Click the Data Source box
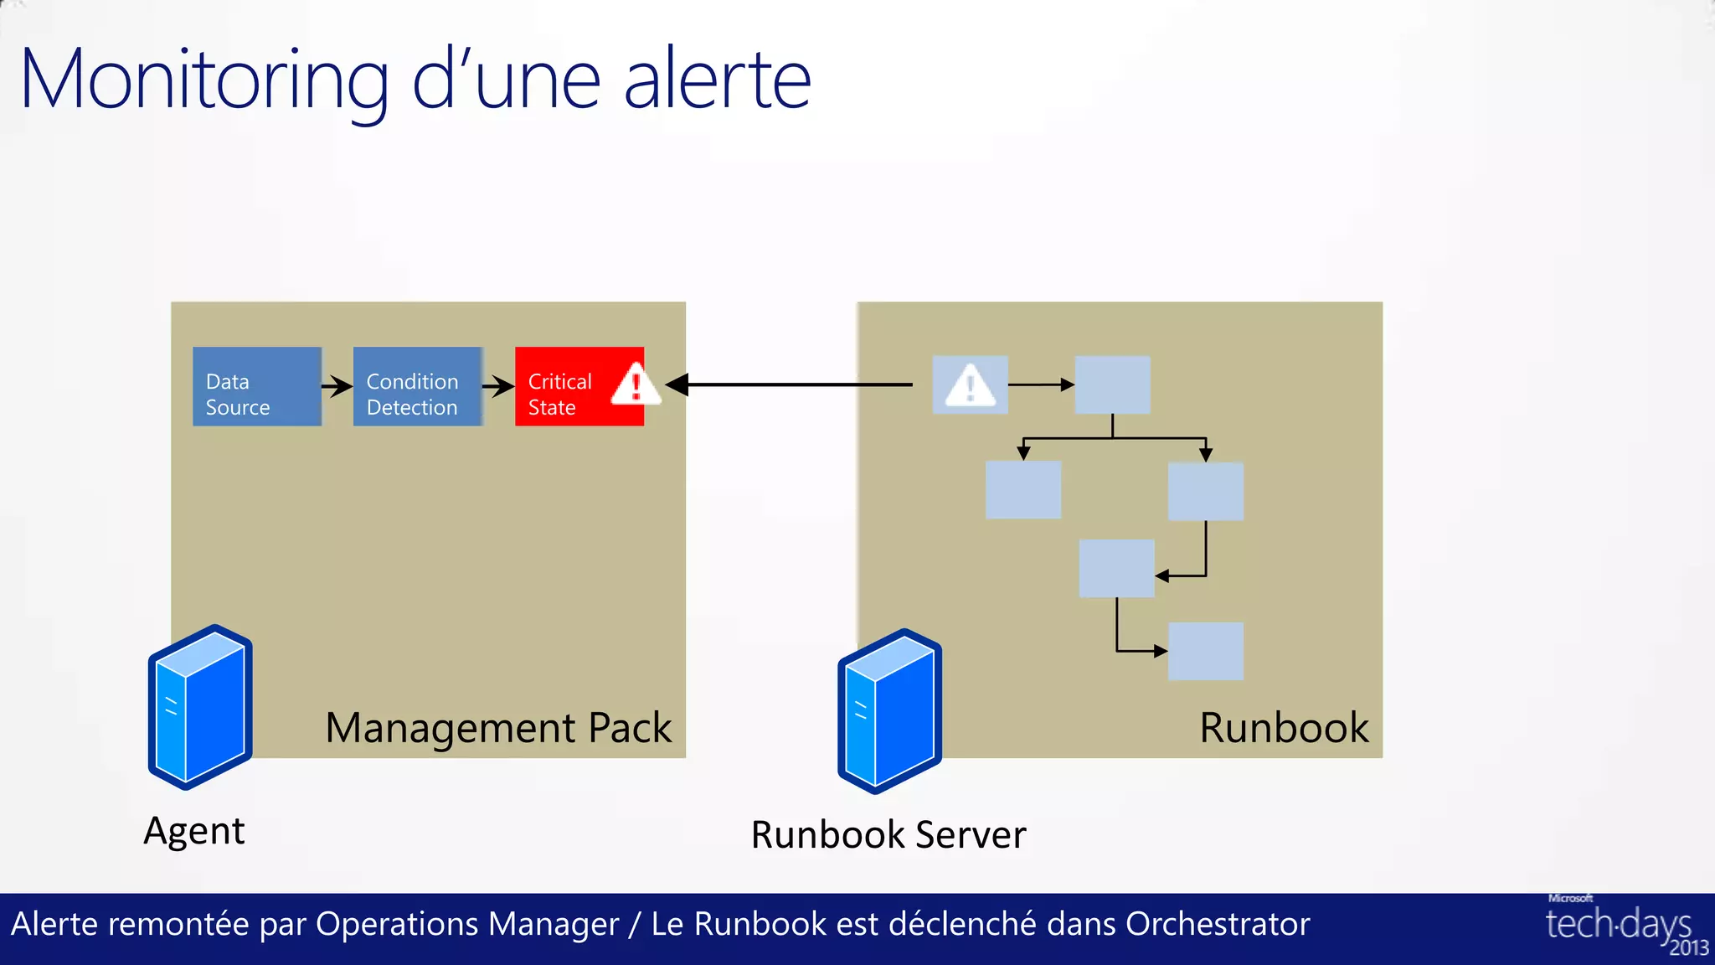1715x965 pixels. [256, 386]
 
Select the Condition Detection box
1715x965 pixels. [417, 386]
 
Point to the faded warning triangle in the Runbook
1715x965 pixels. [970, 385]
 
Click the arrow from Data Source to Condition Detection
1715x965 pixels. [337, 386]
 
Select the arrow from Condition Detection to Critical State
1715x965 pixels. [498, 386]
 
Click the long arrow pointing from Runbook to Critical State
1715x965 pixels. [796, 384]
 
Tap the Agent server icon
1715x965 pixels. [200, 707]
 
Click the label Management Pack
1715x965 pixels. [498, 727]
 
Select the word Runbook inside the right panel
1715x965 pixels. [1284, 727]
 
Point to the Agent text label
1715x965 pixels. [194, 831]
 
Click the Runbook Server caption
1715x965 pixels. [888, 834]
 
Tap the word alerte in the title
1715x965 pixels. [718, 80]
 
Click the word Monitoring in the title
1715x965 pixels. [204, 80]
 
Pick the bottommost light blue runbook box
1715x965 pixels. [1205, 651]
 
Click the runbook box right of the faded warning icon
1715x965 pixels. [1112, 384]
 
